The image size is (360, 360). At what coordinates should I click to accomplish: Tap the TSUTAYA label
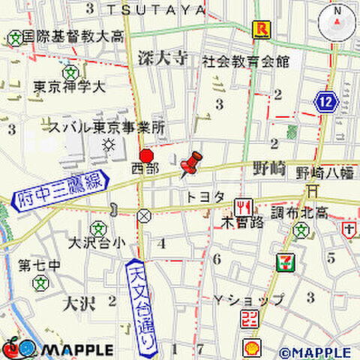pyautogui.click(x=155, y=9)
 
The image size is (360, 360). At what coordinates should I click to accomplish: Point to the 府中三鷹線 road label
pyautogui.click(x=58, y=190)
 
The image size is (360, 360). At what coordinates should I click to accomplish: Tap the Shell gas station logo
pyautogui.click(x=252, y=348)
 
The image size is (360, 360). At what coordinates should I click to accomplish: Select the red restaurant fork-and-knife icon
pyautogui.click(x=243, y=205)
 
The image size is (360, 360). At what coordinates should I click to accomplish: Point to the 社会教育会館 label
pyautogui.click(x=245, y=61)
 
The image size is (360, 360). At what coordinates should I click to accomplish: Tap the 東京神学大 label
pyautogui.click(x=68, y=88)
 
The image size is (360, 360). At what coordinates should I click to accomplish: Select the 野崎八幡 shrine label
pyautogui.click(x=325, y=173)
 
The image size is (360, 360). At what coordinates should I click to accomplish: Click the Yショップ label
pyautogui.click(x=248, y=301)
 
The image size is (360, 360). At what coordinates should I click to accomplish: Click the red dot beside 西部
pyautogui.click(x=146, y=155)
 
